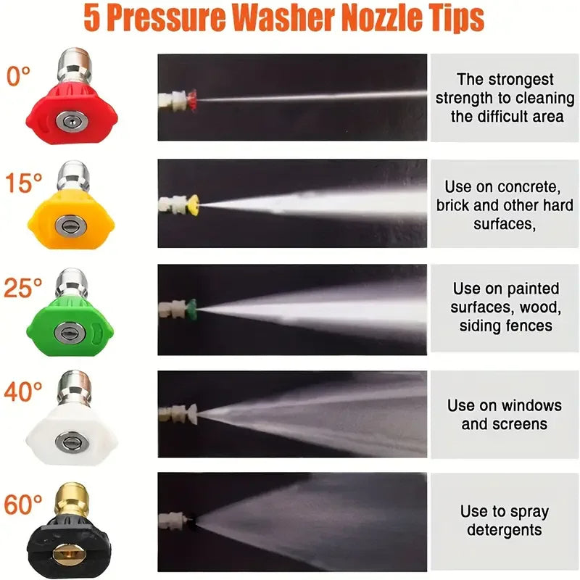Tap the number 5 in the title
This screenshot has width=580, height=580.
point(91,18)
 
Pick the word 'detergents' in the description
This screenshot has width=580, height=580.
point(505,530)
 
